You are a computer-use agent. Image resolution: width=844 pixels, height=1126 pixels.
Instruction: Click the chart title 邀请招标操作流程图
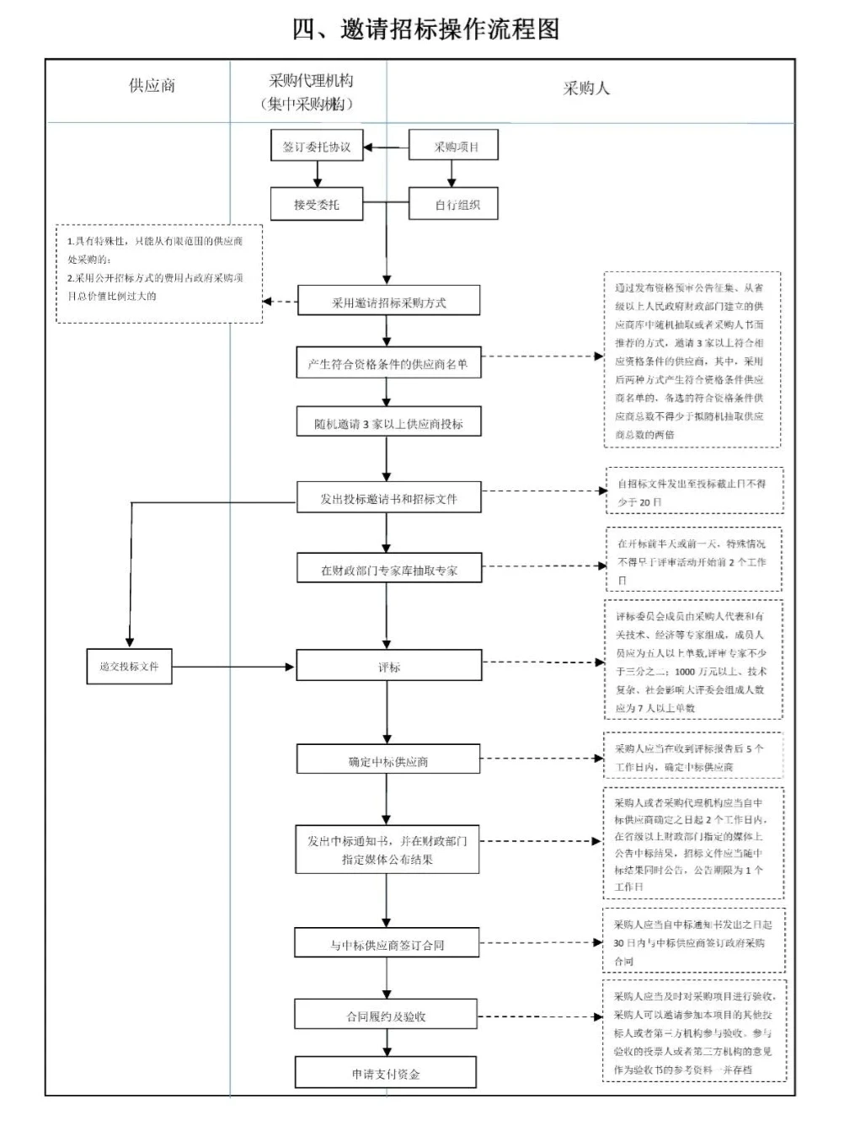[x=425, y=29]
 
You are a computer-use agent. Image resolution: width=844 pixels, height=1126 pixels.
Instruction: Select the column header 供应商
[x=152, y=86]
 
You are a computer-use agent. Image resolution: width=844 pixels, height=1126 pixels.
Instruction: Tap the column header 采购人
[x=586, y=88]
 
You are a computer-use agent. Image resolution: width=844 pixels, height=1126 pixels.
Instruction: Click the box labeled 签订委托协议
[x=317, y=147]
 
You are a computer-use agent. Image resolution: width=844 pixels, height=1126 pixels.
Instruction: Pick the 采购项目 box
[x=455, y=147]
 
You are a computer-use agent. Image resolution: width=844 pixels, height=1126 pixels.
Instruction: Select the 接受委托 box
[x=317, y=204]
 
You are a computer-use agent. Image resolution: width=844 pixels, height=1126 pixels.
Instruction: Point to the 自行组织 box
[x=455, y=204]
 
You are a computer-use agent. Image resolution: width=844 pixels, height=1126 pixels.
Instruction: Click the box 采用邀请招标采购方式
[x=388, y=303]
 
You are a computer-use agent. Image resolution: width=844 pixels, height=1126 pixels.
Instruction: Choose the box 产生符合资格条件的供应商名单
[x=388, y=364]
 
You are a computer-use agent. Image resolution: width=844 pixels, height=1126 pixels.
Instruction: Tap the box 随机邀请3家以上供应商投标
[x=388, y=424]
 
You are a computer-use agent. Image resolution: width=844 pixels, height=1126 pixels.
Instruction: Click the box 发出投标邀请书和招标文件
[x=388, y=499]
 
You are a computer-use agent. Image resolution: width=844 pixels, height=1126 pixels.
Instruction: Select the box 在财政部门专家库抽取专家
[x=388, y=571]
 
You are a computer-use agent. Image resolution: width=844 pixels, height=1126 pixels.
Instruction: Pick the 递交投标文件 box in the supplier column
[x=130, y=666]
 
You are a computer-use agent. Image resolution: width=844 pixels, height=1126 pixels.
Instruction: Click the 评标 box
[x=388, y=668]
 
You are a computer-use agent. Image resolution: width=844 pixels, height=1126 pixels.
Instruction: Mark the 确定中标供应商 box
[x=388, y=761]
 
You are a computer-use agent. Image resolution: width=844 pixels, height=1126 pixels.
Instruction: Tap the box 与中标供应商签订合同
[x=387, y=945]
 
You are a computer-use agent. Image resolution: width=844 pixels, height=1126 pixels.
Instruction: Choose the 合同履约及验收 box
[x=386, y=1016]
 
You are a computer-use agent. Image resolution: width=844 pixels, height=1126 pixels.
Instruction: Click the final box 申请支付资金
[x=386, y=1074]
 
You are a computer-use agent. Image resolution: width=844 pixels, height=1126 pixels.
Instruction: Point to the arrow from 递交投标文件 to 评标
[x=233, y=667]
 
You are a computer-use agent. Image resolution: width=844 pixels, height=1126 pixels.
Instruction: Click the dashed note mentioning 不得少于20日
[x=695, y=492]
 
